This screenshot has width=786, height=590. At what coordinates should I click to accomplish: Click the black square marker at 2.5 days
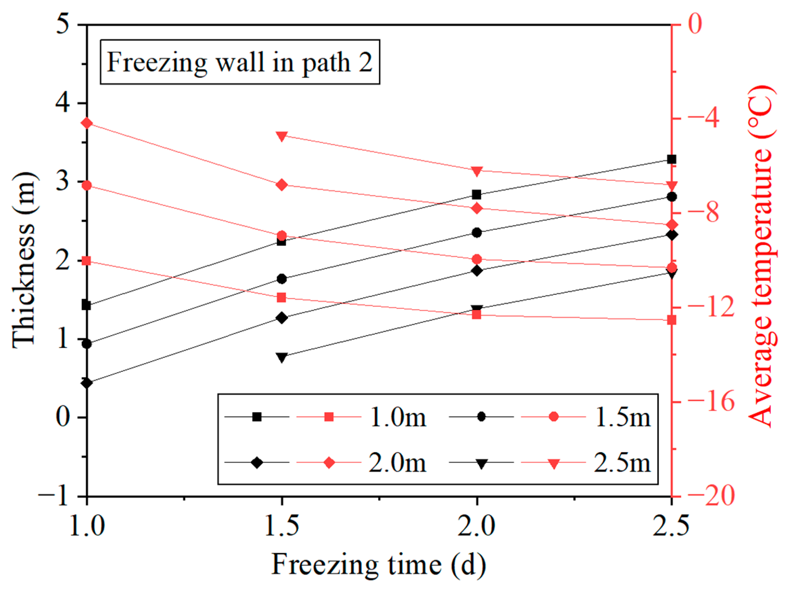click(x=671, y=159)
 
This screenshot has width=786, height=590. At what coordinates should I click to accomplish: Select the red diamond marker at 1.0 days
click(x=87, y=123)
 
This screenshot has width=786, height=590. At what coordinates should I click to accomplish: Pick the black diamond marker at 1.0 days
click(x=87, y=383)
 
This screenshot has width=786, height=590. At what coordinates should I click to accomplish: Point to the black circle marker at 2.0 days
click(x=477, y=233)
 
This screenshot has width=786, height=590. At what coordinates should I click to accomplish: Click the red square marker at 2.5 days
click(x=671, y=320)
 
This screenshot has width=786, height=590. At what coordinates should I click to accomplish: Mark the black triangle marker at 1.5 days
click(x=282, y=357)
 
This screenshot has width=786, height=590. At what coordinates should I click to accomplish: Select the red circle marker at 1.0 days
click(x=87, y=185)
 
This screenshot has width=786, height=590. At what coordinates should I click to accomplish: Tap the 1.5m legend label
click(x=623, y=417)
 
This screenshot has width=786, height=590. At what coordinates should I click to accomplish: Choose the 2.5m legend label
click(x=623, y=463)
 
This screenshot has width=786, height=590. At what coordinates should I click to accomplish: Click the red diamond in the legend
click(x=330, y=463)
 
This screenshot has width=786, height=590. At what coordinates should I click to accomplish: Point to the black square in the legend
click(x=257, y=417)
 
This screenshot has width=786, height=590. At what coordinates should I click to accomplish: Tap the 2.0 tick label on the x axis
click(x=476, y=526)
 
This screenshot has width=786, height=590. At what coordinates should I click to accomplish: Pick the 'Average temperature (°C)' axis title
click(x=760, y=256)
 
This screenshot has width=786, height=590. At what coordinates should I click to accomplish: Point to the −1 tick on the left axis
click(x=53, y=496)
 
